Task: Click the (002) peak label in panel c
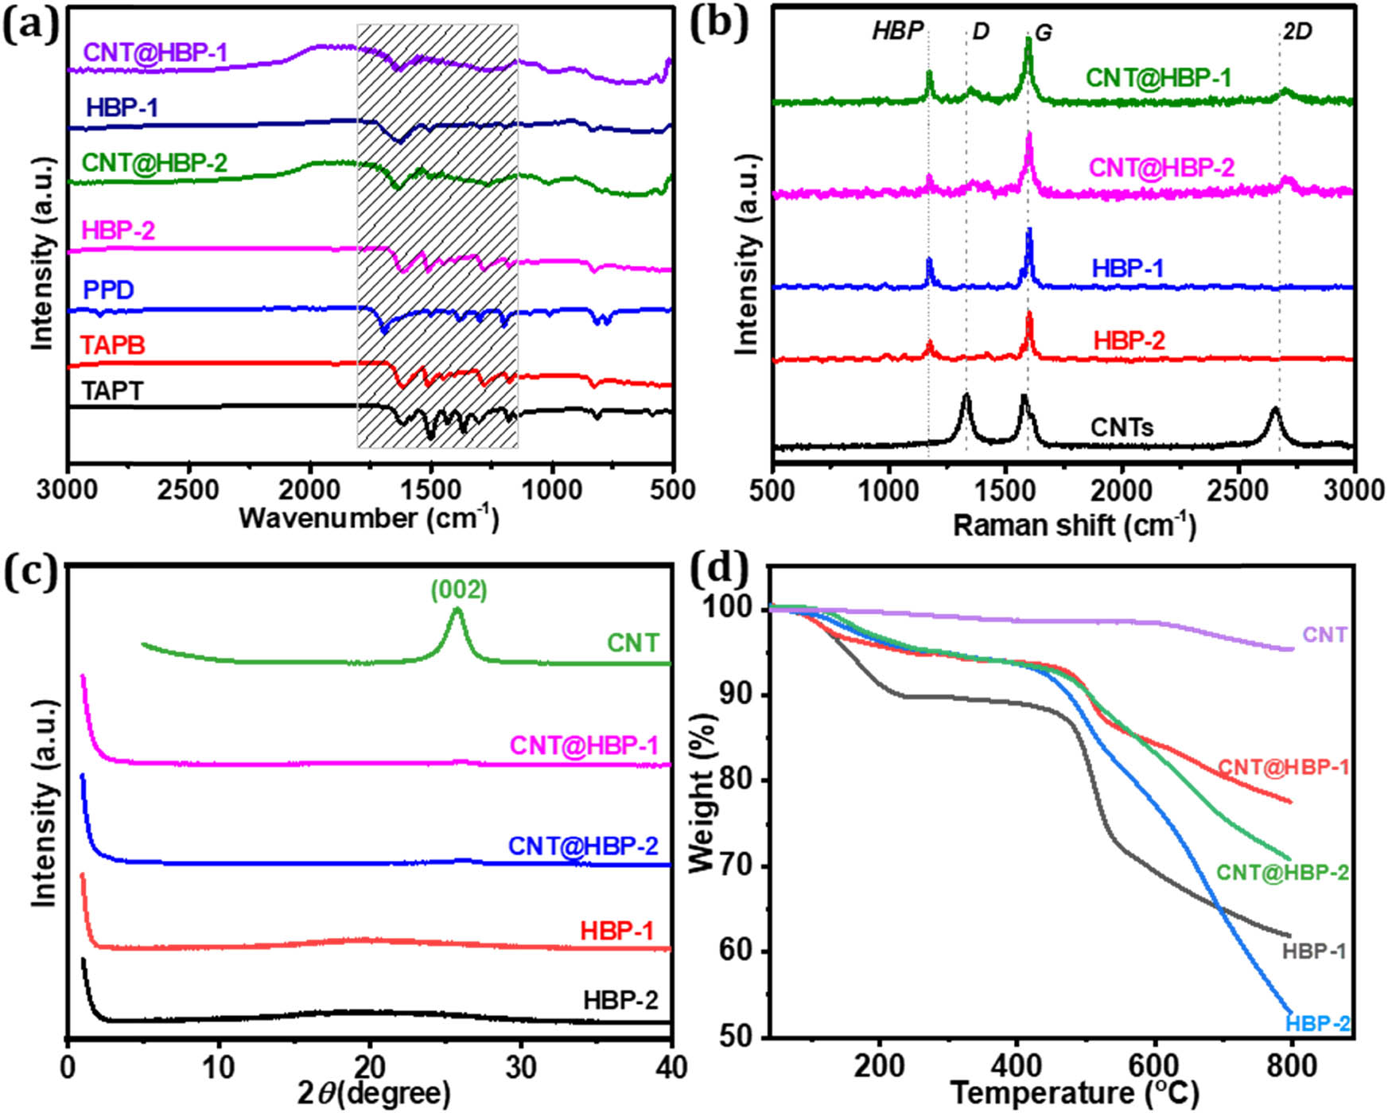tap(459, 590)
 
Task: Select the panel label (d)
tap(719, 570)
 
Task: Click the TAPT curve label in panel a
tap(112, 391)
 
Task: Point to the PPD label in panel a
tap(108, 290)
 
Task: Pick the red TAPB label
tap(113, 345)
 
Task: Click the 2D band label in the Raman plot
tap(1297, 32)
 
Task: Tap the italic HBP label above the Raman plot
tap(897, 31)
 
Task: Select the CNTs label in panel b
tap(1122, 428)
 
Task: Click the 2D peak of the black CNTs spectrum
tap(1275, 411)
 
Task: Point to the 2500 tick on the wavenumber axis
tap(189, 490)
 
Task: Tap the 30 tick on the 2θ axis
tap(521, 1067)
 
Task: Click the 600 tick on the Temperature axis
tap(1154, 1065)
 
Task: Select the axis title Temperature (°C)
tap(1074, 1094)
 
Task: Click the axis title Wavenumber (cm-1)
tap(369, 519)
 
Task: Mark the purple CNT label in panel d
tap(1324, 635)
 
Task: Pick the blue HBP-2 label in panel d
tap(1317, 1023)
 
